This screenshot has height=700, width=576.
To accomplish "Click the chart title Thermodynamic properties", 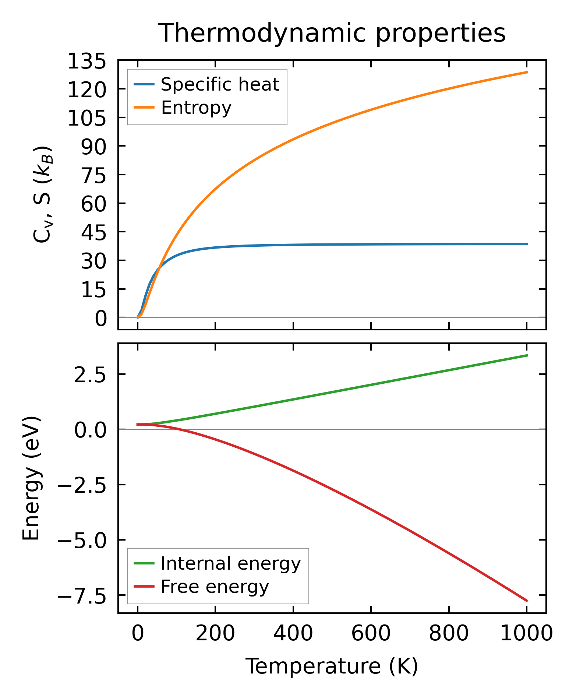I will [x=332, y=33].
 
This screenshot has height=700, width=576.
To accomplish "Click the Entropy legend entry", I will [x=196, y=108].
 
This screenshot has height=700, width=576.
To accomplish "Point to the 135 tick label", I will [x=87, y=61].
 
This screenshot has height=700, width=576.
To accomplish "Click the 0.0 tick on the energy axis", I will [x=90, y=430].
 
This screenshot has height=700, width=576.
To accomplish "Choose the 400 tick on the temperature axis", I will [x=293, y=634].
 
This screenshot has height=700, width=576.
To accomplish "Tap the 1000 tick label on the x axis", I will [x=527, y=634].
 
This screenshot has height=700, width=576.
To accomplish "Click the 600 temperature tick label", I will [x=371, y=634].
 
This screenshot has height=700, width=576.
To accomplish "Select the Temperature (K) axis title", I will [x=332, y=666].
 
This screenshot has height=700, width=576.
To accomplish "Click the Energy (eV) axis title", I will [x=31, y=478].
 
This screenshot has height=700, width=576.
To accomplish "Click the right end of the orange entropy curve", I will [x=527, y=72].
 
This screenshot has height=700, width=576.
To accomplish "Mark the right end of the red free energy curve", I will [x=527, y=601].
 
